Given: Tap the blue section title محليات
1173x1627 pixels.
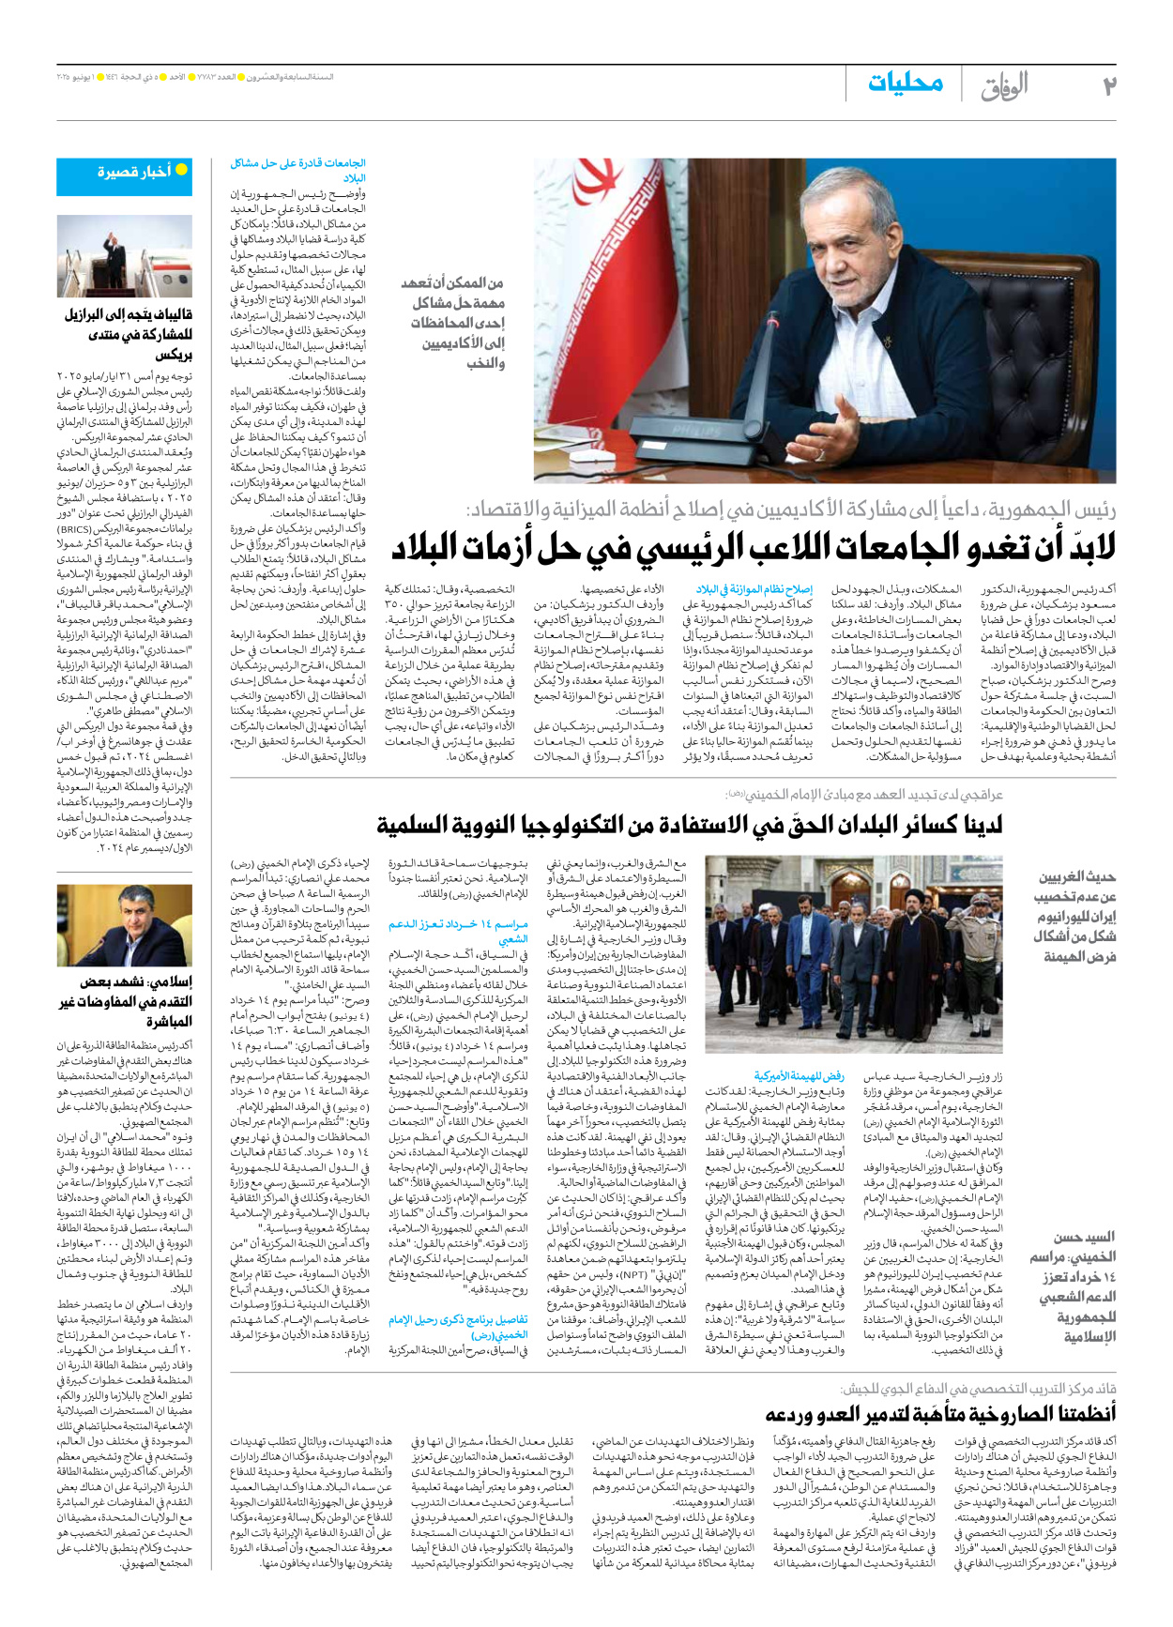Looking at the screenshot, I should click(x=905, y=83).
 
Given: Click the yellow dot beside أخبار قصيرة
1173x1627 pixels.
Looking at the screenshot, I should click(x=181, y=170).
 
